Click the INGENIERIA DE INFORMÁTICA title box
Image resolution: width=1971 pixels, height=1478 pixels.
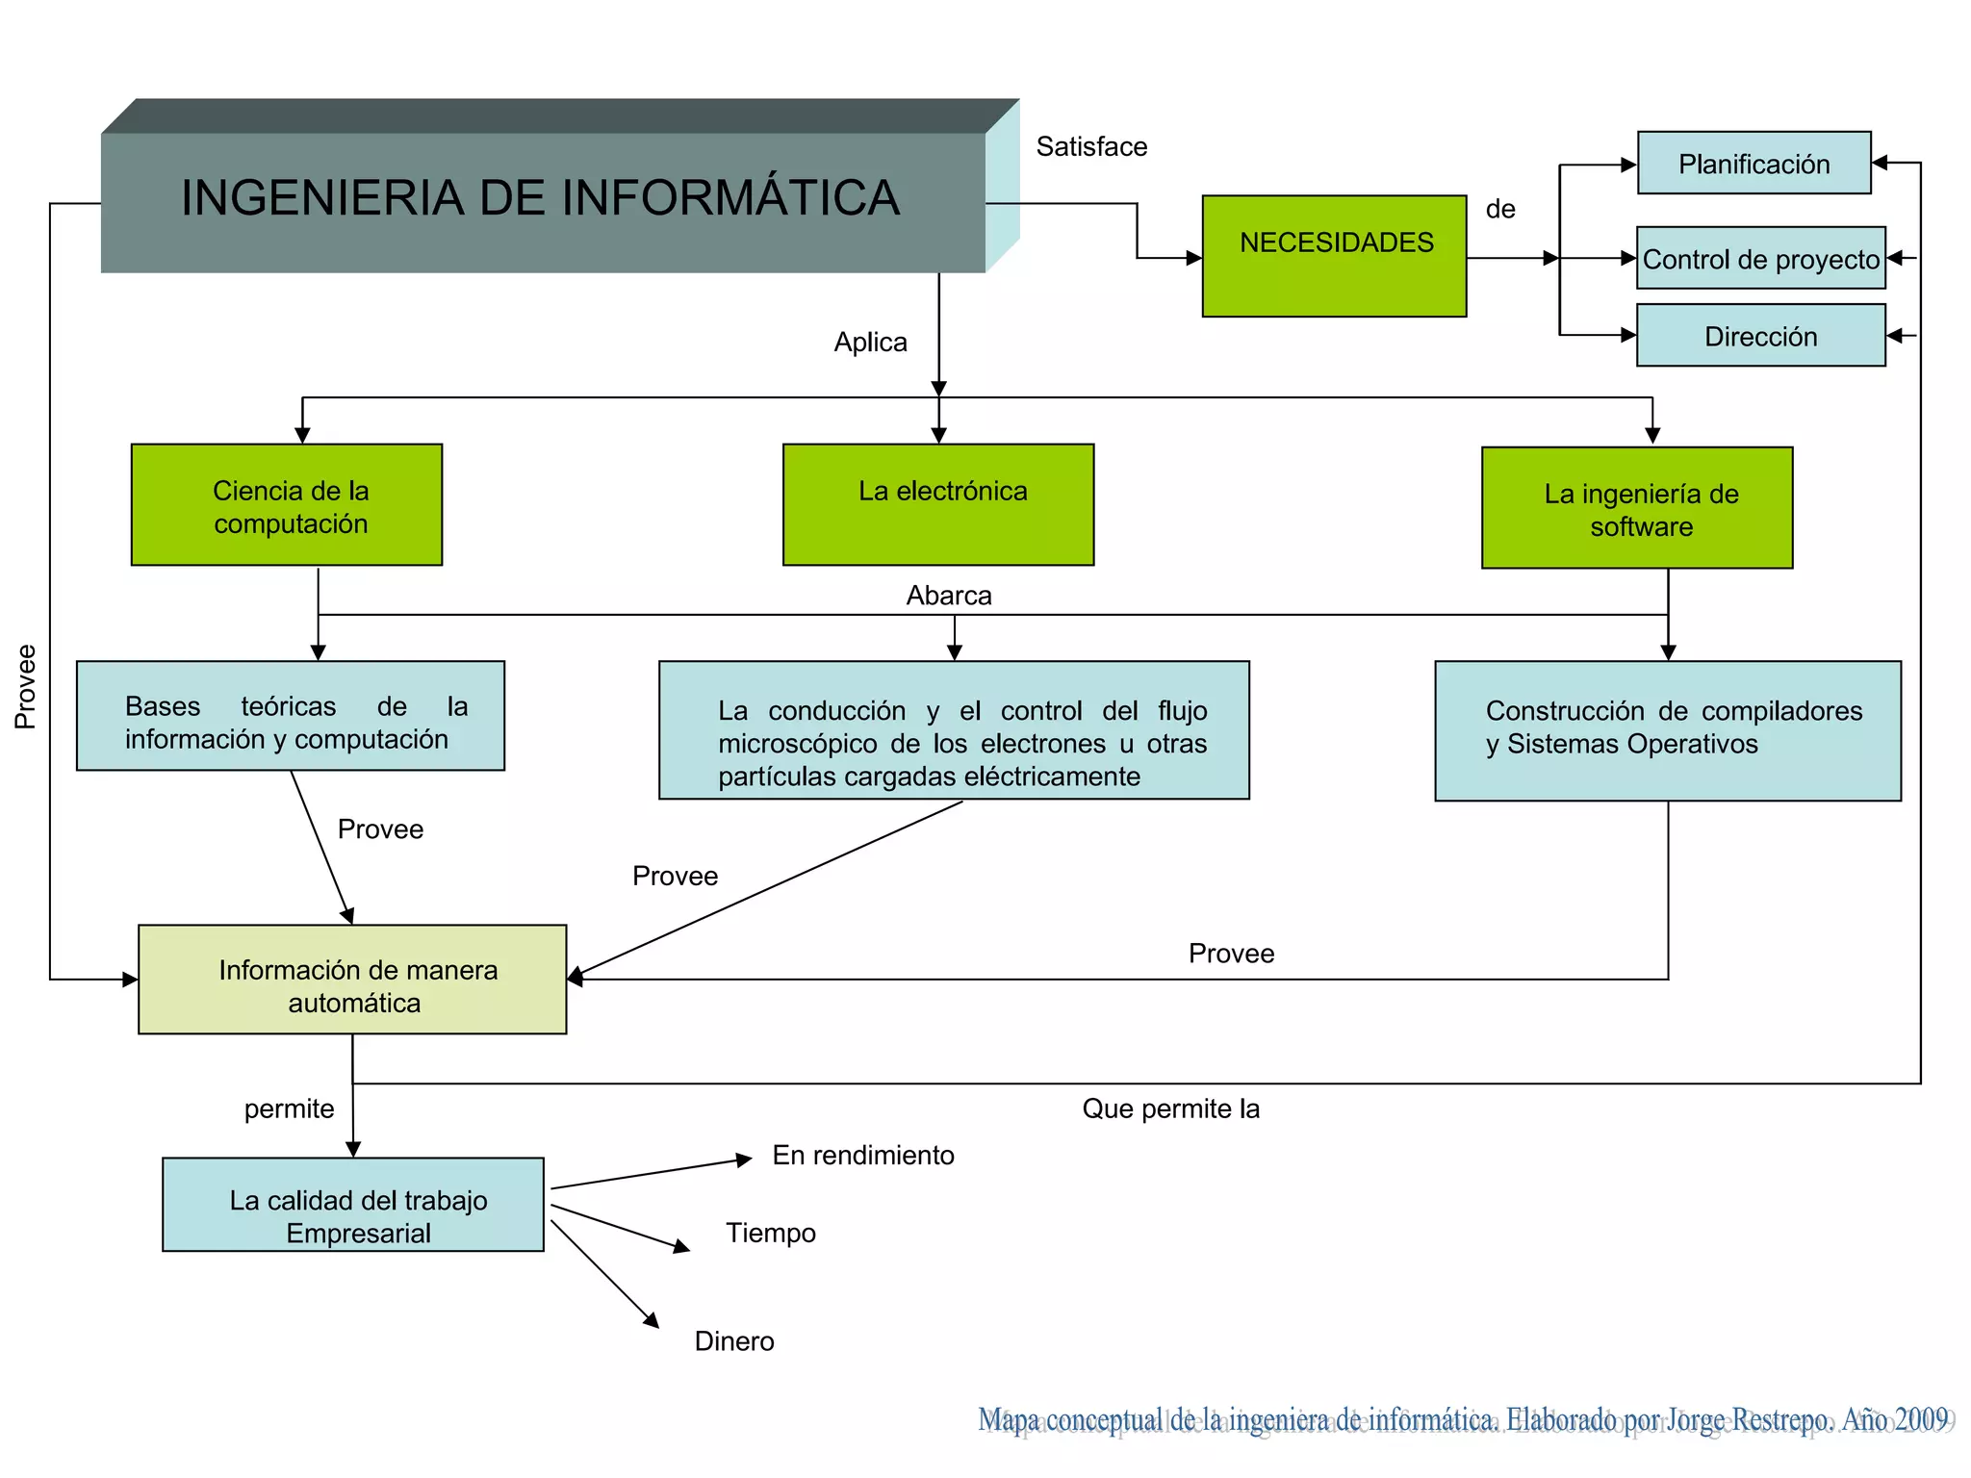tap(542, 200)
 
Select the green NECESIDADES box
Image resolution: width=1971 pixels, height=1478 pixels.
tap(1334, 256)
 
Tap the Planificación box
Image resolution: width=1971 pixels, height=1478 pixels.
tap(1753, 164)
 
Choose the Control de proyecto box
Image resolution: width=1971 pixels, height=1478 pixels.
tap(1760, 259)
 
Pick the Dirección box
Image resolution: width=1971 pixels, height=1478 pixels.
tap(1760, 336)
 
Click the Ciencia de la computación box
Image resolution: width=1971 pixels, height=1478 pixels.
tap(287, 505)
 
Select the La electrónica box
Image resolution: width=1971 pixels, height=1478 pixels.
tap(938, 505)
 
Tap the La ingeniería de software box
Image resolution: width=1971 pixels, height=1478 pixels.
tap(1637, 508)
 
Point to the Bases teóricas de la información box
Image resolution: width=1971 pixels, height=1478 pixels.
tap(291, 716)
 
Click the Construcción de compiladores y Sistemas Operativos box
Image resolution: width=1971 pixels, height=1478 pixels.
tap(1668, 730)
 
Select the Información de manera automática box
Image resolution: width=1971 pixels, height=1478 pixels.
tap(352, 981)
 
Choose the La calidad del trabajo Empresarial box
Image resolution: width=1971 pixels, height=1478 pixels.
tap(353, 1205)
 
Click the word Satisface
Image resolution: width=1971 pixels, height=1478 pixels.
tap(1091, 147)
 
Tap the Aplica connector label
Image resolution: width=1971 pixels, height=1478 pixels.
tap(870, 343)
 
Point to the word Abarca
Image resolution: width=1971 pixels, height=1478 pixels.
tap(949, 596)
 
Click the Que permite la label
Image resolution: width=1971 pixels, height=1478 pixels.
tap(1170, 1109)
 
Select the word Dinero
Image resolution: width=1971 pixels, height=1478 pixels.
tap(734, 1341)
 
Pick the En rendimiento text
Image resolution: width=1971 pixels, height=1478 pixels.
tap(863, 1156)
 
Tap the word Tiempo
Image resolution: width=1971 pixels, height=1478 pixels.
tap(771, 1234)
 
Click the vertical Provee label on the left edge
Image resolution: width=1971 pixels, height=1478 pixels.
tap(26, 686)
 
